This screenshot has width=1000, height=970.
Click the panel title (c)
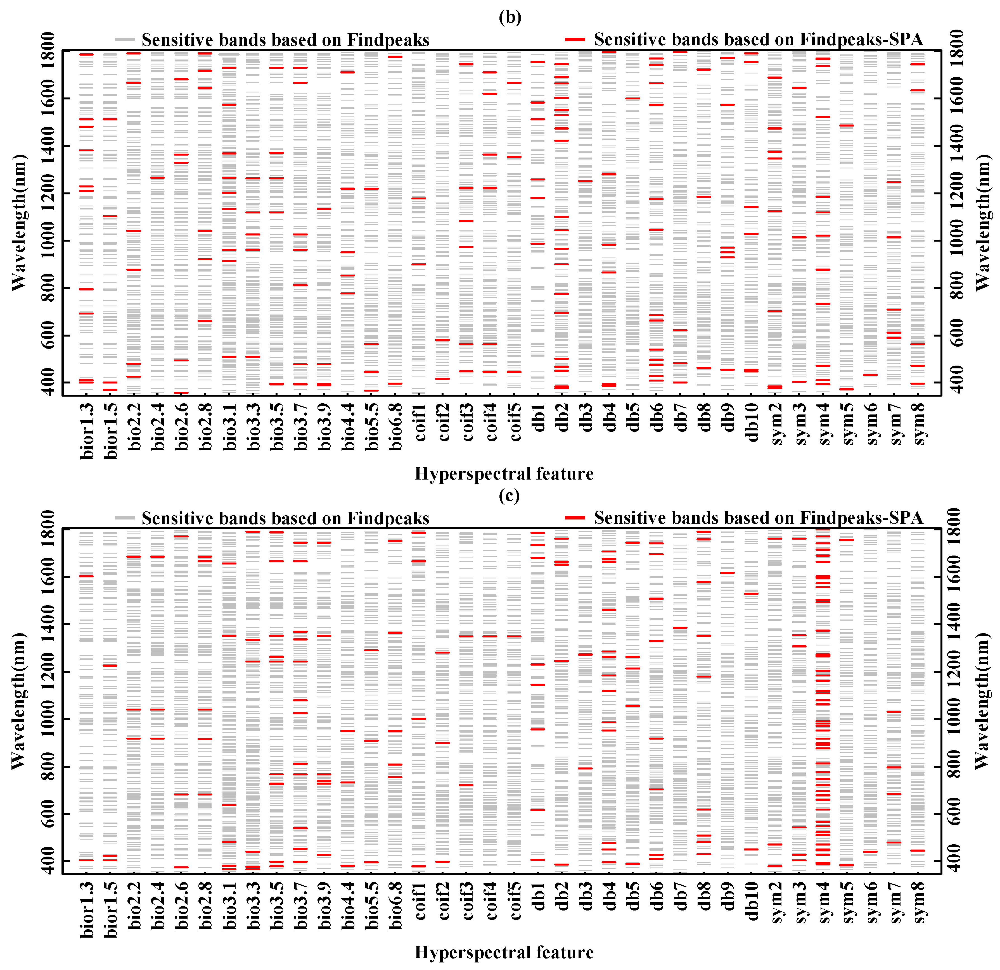(x=509, y=495)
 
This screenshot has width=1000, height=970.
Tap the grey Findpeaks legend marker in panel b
(x=124, y=39)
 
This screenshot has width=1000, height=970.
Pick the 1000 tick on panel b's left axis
(x=47, y=241)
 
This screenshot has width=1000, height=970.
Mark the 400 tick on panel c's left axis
(x=47, y=861)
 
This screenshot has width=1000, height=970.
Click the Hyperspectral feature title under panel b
(x=504, y=473)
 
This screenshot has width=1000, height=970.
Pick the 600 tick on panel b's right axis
(x=956, y=335)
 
